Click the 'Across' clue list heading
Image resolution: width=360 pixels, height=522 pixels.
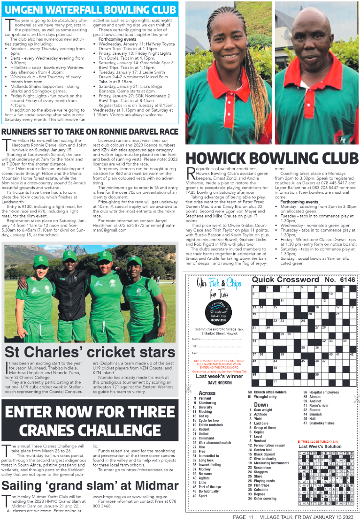point(207,393)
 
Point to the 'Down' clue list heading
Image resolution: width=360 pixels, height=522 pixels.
point(261,404)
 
